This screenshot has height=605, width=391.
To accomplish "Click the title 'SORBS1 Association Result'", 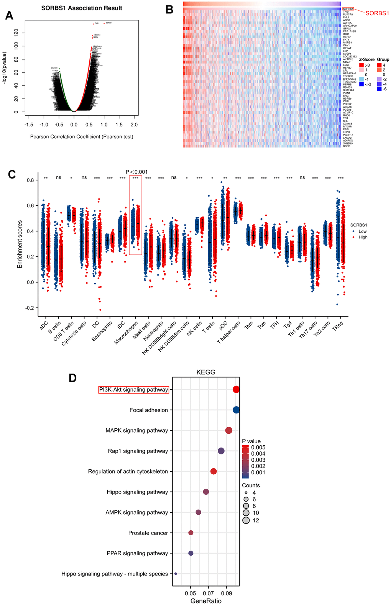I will click(82, 8).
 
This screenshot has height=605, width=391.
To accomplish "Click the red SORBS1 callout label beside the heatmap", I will click(377, 13).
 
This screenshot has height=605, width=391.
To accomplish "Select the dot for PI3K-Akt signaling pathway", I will click(236, 390).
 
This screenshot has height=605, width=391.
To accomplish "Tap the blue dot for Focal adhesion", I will click(236, 410).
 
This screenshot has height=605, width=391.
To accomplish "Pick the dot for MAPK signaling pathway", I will click(229, 431).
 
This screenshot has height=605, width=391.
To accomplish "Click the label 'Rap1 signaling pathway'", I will click(138, 451).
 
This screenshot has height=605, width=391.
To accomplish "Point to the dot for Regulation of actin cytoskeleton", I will click(214, 471).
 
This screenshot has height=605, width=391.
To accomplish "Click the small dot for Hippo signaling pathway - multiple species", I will click(176, 574).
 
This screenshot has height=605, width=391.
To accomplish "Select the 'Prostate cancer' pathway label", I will click(148, 533).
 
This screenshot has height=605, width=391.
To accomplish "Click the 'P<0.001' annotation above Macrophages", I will click(136, 172).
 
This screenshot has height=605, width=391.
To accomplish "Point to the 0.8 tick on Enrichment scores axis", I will click(30, 180).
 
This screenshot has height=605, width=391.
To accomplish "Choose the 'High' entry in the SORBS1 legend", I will click(363, 237).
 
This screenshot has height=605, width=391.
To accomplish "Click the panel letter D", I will click(72, 378).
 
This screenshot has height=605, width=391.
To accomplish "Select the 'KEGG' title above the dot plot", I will click(206, 372).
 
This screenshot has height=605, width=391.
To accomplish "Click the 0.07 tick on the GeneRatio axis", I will click(209, 593).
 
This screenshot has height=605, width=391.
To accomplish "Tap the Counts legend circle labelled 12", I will click(246, 520).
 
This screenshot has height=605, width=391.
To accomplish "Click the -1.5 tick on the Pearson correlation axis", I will click(28, 125).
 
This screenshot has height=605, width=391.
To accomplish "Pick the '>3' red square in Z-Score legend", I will click(361, 66).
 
